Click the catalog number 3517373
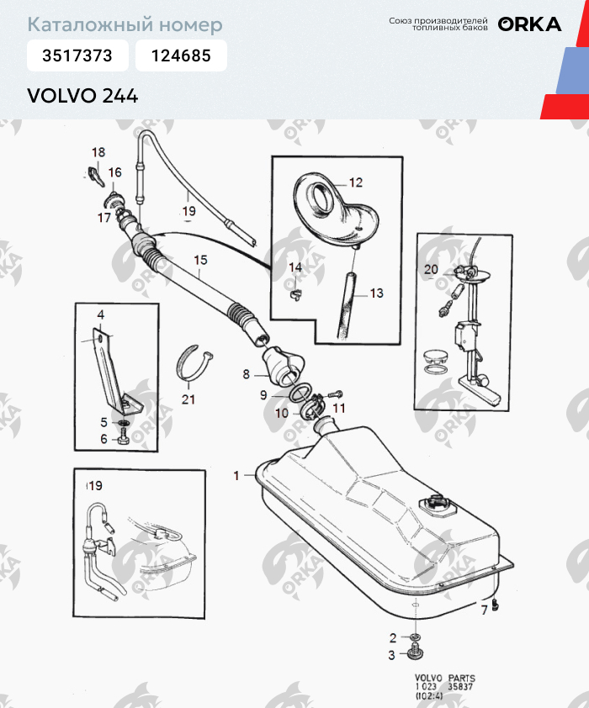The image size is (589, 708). click(x=77, y=56)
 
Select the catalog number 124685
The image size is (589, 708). click(x=181, y=56)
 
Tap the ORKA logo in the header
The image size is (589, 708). click(x=529, y=24)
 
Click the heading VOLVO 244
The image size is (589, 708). click(x=82, y=95)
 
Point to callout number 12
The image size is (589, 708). click(x=355, y=182)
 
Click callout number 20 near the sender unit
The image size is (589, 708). click(x=431, y=270)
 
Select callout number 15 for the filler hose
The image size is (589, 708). click(x=199, y=261)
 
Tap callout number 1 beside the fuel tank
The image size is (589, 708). click(x=236, y=475)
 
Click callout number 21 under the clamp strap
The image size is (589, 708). click(x=188, y=399)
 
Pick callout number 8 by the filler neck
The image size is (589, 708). click(x=246, y=373)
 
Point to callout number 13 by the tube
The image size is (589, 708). click(x=375, y=293)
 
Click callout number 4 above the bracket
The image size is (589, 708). click(x=100, y=314)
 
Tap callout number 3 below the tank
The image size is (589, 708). click(x=391, y=655)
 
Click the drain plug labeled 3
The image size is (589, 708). click(x=414, y=654)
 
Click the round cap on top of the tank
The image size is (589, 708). click(x=438, y=505)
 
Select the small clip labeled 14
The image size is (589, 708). click(x=296, y=292)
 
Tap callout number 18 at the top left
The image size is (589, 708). click(x=98, y=152)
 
